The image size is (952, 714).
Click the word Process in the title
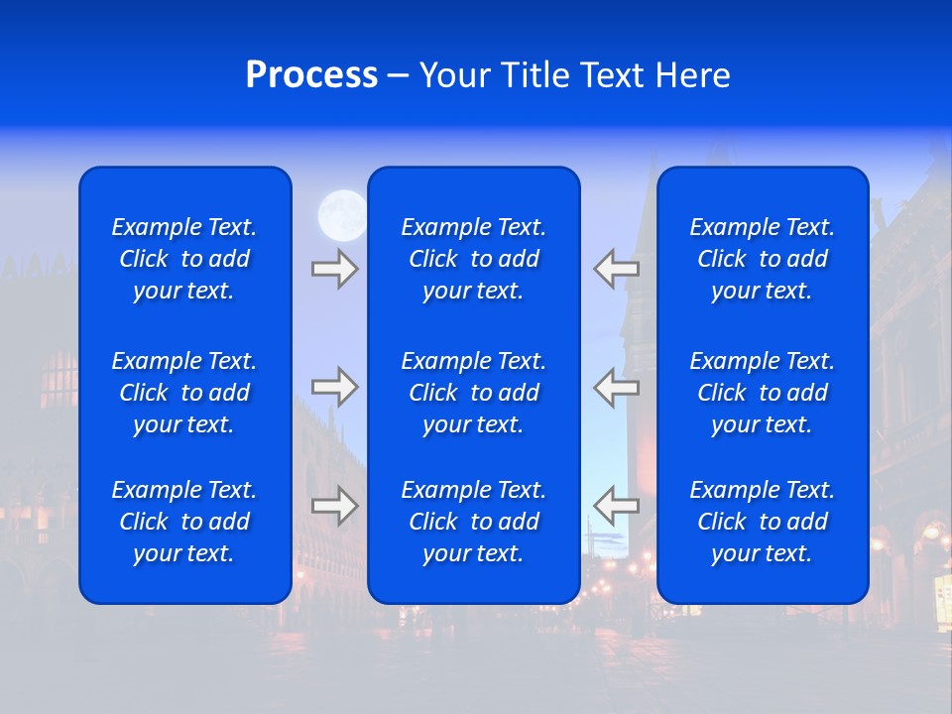pos(311,75)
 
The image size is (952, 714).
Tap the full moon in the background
pos(342,214)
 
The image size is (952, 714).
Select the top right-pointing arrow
pos(334,269)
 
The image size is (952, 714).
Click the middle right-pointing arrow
pos(334,387)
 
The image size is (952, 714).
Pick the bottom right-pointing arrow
pos(334,505)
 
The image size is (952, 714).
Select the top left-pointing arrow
pos(617,269)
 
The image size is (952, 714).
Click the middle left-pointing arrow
pos(617,387)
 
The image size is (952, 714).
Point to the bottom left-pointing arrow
pos(617,505)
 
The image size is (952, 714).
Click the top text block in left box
pos(184,259)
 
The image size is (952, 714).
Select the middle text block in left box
pos(184,393)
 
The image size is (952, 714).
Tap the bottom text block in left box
pos(184,522)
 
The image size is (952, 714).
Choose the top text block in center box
pos(474,259)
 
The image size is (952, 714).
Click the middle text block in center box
pos(474,393)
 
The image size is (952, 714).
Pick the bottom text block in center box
pos(474,522)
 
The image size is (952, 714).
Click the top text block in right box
pos(763,259)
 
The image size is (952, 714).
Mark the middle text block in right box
pos(763,393)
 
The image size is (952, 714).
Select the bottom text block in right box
pos(763,522)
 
